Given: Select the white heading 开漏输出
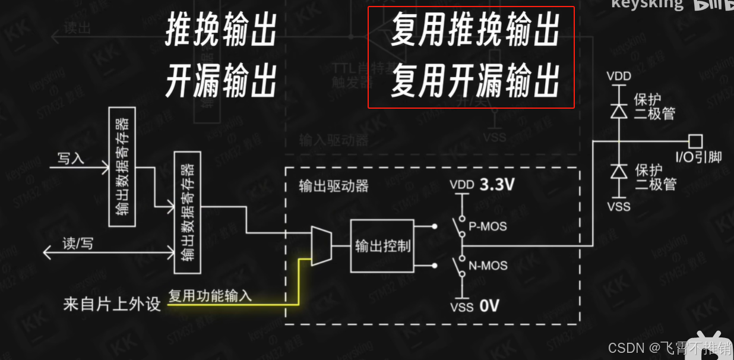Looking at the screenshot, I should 221,81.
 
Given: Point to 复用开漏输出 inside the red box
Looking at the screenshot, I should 475,81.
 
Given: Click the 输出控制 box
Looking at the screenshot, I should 382,245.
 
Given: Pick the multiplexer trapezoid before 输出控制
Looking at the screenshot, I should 321,246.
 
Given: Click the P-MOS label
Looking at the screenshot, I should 488,226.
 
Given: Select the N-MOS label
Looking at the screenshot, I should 488,265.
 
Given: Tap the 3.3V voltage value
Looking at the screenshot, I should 496,185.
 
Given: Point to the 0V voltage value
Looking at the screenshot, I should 489,306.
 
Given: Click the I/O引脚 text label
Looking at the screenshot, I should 698,157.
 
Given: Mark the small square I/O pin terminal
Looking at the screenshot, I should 695,141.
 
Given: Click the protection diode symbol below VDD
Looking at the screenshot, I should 619,110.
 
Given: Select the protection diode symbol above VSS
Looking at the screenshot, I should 619,172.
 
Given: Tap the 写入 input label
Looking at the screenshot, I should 71,158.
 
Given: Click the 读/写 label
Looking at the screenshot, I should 78,244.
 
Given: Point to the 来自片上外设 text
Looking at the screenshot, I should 112,305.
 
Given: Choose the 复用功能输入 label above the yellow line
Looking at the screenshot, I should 210,295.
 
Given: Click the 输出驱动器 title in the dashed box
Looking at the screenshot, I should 334,185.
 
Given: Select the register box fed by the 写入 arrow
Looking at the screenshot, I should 122,166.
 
